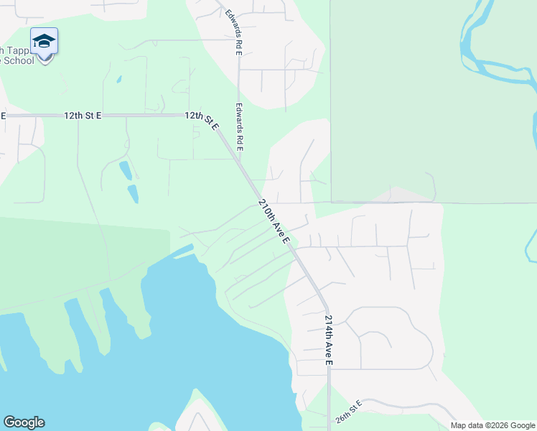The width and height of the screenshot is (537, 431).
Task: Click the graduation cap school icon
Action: click(x=44, y=41)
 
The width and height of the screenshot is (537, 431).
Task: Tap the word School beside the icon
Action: click(x=19, y=61)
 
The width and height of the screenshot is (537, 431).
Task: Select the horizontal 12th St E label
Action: click(x=83, y=115)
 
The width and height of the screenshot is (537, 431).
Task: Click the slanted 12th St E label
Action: click(x=202, y=120)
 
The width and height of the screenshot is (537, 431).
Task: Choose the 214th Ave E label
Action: click(x=329, y=340)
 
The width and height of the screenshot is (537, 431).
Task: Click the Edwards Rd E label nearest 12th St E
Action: click(x=239, y=126)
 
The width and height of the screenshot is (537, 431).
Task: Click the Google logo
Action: click(x=24, y=422)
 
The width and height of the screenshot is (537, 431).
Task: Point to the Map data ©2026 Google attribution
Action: click(x=492, y=425)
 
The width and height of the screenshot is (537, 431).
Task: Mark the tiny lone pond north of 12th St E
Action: click(x=119, y=79)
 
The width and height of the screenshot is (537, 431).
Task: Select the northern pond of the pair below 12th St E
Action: click(x=126, y=170)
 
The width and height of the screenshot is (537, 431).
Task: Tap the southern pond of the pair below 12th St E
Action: click(x=133, y=194)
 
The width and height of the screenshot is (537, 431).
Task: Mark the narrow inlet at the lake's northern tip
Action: click(x=182, y=251)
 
